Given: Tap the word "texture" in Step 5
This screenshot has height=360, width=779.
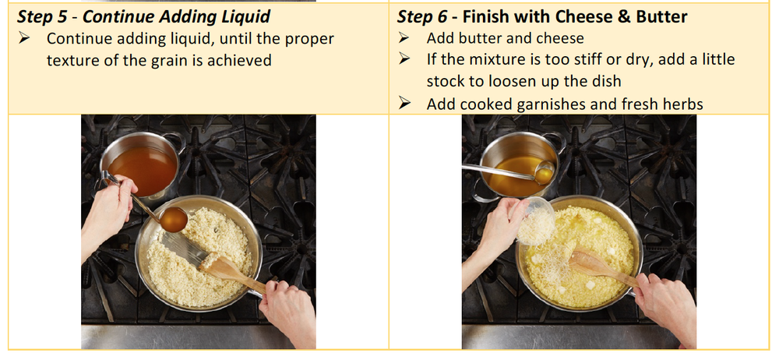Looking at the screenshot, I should click(72, 59).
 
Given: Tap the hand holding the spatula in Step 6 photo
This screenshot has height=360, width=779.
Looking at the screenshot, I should click(662, 304).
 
